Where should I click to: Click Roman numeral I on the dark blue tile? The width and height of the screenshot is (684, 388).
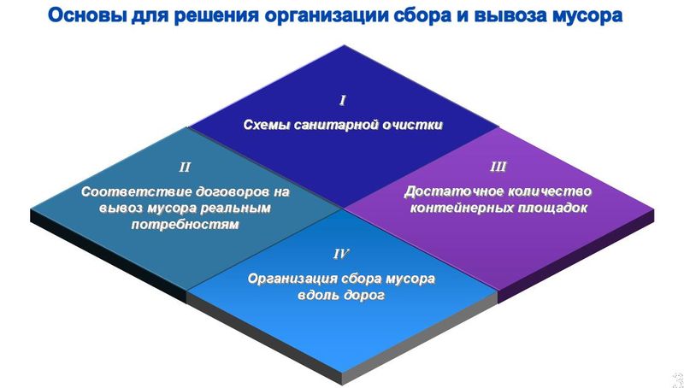click(343, 101)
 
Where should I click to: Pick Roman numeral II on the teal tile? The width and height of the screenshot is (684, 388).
click(185, 168)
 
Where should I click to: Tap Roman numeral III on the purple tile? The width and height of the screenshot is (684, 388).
click(498, 167)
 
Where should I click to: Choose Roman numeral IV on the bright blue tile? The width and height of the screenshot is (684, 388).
click(340, 254)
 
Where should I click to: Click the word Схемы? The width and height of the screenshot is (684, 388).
click(267, 125)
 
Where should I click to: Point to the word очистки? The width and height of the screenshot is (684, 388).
click(412, 125)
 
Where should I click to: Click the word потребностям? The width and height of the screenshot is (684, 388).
click(185, 225)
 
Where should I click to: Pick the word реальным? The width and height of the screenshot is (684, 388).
click(236, 209)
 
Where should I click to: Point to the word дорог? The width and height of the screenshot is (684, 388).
click(364, 296)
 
